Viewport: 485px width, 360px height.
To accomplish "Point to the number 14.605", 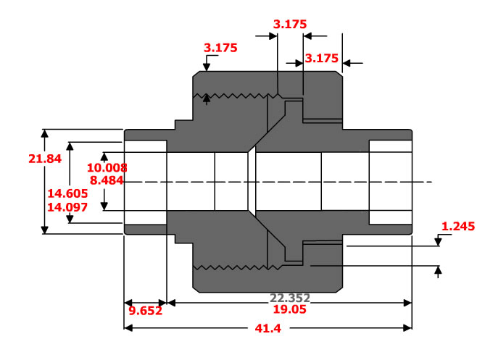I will click(67, 193).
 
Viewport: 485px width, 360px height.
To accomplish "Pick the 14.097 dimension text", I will click(67, 206).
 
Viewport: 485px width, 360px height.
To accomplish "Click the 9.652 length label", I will click(145, 311).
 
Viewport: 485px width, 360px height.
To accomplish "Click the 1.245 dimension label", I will click(457, 227).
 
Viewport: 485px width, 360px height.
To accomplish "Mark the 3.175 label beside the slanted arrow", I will click(221, 49).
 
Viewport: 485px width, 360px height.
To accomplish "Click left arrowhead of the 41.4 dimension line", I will click(128, 327).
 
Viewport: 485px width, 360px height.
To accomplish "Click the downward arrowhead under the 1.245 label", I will click(438, 243).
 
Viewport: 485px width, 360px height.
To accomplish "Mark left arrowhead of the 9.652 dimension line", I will click(128, 303).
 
